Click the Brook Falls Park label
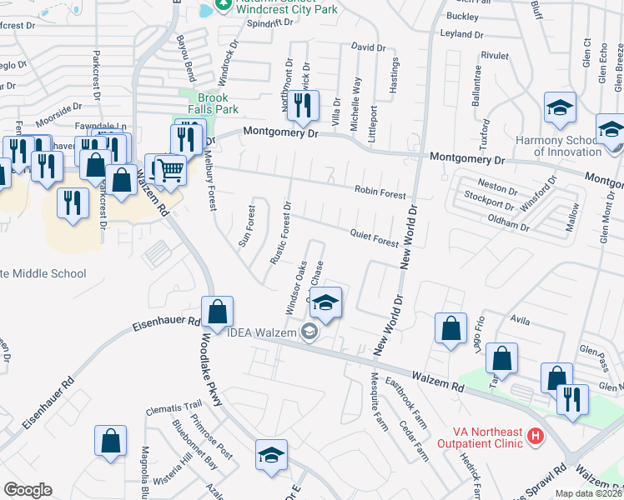click(213, 103)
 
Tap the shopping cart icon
click(171, 169)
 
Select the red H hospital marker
click(536, 436)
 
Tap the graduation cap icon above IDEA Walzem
click(327, 302)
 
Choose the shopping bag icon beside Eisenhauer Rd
click(217, 312)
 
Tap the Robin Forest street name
click(380, 191)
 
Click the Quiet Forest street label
click(374, 240)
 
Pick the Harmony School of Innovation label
click(558, 146)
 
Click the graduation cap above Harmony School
click(560, 107)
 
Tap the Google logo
click(28, 489)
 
